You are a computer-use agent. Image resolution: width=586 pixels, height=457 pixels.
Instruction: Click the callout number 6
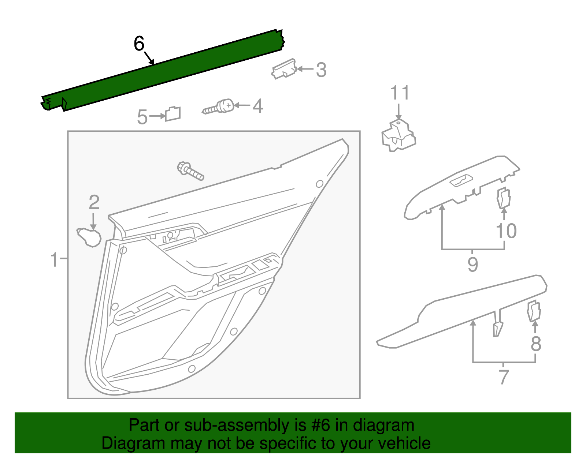139,44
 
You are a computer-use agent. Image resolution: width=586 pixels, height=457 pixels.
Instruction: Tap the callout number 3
321,70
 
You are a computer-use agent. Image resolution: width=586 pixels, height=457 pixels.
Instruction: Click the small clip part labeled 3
284,69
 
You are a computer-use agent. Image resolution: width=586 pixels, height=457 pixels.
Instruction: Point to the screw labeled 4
220,107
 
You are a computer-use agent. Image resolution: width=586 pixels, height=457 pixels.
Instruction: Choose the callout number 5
142,117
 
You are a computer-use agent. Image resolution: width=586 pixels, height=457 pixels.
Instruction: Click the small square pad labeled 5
173,114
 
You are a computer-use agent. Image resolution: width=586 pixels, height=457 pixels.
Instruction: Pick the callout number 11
400,93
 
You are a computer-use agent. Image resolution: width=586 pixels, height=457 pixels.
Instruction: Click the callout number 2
94,202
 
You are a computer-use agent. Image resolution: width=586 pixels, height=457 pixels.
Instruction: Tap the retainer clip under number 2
89,237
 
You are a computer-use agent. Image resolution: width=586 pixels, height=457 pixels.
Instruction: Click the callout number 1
54,259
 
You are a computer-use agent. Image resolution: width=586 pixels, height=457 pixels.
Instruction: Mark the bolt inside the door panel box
190,171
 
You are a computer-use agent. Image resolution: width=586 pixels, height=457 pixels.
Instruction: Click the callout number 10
506,231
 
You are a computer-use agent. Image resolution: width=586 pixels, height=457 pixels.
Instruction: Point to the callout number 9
472,264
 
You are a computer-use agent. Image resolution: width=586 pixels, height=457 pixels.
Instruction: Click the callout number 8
536,344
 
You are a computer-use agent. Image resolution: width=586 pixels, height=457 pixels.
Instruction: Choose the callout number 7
504,377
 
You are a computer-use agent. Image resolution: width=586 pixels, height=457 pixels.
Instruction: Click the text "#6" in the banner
321,426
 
